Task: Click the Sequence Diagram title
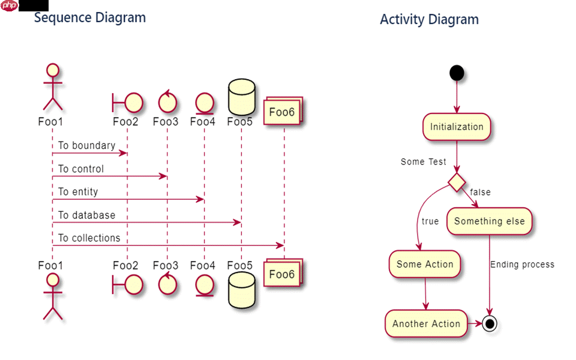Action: pyautogui.click(x=90, y=17)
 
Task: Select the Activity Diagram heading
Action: pyautogui.click(x=429, y=19)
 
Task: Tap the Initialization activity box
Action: pyautogui.click(x=457, y=127)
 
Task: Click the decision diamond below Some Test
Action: pyautogui.click(x=457, y=182)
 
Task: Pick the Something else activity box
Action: pyautogui.click(x=489, y=221)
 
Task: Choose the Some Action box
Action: pyautogui.click(x=425, y=265)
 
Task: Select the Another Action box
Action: pyautogui.click(x=426, y=323)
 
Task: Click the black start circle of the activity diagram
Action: pyautogui.click(x=457, y=73)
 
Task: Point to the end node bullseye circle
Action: pyautogui.click(x=490, y=323)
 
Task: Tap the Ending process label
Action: pyautogui.click(x=522, y=265)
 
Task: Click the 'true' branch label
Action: pyautogui.click(x=430, y=221)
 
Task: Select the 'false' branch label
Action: pyautogui.click(x=480, y=192)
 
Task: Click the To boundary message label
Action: pyautogui.click(x=86, y=146)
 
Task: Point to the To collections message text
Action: pyautogui.click(x=89, y=238)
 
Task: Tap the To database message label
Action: pyautogui.click(x=86, y=215)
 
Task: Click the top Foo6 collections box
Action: pyautogui.click(x=282, y=112)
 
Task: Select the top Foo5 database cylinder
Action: pyautogui.click(x=242, y=98)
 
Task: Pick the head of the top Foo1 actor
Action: pyautogui.click(x=53, y=71)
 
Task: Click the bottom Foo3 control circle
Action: pyautogui.click(x=167, y=284)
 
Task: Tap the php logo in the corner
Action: pyautogui.click(x=10, y=5)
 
